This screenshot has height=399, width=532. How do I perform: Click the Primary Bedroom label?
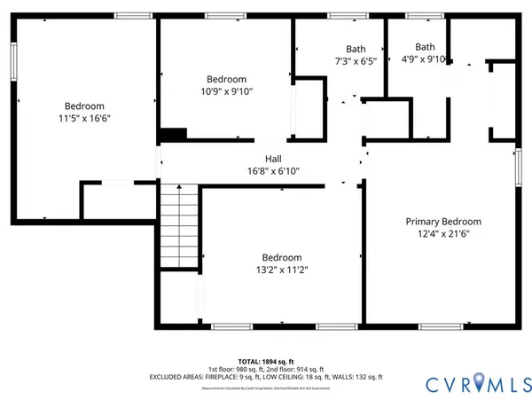(443, 222)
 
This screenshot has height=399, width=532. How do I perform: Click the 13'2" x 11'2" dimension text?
(280, 270)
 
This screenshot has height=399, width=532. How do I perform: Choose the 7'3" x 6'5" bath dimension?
(355, 60)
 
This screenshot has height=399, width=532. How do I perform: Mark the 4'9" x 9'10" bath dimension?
(425, 60)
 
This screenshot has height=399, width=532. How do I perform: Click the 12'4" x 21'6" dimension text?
(443, 234)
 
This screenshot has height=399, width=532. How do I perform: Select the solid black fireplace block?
(172, 135)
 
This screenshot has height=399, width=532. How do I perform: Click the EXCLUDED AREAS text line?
(265, 376)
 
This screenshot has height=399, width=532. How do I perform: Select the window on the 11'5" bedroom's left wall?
(13, 63)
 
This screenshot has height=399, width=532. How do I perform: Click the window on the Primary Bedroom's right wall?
(519, 167)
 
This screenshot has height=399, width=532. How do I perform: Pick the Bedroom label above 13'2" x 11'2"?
(280, 257)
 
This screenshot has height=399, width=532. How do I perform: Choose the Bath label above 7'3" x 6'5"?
(355, 49)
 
